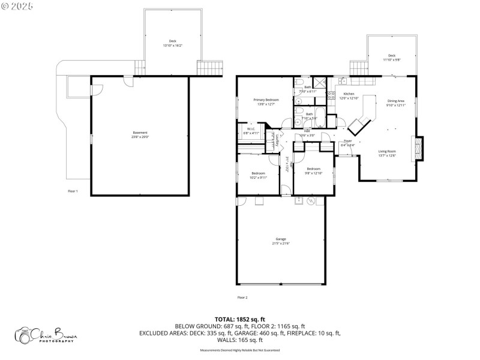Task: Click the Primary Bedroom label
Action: point(266,102)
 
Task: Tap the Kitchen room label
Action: point(349,96)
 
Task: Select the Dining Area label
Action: point(396,103)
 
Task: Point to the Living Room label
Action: point(386,154)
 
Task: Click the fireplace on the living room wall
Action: point(416,147)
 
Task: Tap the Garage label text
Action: point(281,241)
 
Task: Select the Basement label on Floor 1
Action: point(140,134)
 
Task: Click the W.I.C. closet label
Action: point(251,130)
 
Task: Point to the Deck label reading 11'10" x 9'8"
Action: point(391,58)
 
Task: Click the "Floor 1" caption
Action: point(73,191)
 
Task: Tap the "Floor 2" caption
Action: point(242,297)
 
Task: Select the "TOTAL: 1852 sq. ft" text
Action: point(240,319)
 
